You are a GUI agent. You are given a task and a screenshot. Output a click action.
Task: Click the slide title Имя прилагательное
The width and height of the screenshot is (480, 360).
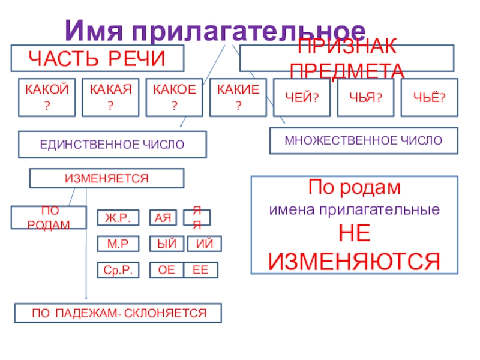[215, 29]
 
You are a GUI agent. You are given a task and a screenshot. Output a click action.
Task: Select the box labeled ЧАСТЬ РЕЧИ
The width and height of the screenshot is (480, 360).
[97, 58]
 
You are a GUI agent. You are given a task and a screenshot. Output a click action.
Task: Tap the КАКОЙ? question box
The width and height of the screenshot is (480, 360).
[46, 97]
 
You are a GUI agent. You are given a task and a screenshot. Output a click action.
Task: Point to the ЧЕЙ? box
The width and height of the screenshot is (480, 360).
[301, 97]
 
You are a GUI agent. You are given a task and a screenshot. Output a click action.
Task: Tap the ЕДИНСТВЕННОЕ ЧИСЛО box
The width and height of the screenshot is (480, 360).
[113, 145]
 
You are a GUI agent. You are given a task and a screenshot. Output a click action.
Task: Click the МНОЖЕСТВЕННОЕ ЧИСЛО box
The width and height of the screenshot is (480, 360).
[364, 140]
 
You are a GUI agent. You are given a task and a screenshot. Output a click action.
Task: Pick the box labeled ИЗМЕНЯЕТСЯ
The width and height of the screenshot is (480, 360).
[107, 178]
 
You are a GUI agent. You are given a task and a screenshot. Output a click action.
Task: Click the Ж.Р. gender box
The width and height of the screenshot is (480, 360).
[118, 217]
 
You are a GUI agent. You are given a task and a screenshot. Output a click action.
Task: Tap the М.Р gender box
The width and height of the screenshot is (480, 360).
[118, 244]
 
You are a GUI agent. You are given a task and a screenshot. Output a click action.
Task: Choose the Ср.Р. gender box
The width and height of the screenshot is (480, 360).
[118, 271]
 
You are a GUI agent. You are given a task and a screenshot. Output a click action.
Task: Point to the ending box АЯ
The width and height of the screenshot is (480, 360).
[162, 217]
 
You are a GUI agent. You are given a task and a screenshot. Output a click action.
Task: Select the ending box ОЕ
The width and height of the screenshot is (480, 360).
[166, 271]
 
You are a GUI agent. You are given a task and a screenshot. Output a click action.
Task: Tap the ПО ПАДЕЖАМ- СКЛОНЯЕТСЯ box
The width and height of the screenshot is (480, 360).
[118, 313]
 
